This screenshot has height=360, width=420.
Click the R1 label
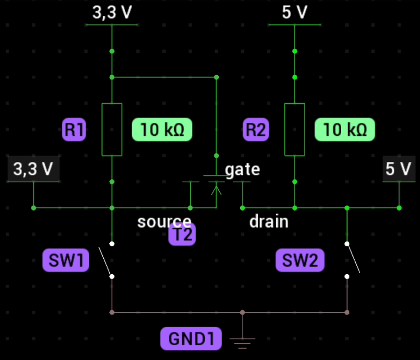click(74, 130)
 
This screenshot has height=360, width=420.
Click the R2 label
click(256, 130)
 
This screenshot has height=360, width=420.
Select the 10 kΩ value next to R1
click(162, 130)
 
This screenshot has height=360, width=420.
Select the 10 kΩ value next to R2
click(344, 130)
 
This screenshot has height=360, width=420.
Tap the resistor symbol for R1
click(112, 129)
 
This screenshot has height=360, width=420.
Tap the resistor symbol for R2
click(294, 129)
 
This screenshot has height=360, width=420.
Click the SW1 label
click(65, 261)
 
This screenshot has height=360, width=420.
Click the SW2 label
click(300, 261)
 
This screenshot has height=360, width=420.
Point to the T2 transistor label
click(182, 234)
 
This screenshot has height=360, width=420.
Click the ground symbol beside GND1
click(242, 342)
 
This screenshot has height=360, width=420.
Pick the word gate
click(242, 170)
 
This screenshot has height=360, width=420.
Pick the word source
click(164, 221)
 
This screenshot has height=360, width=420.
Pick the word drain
click(269, 221)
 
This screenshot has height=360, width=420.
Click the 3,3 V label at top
click(112, 13)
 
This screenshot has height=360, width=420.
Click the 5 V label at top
click(294, 13)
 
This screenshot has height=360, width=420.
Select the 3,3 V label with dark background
click(33, 169)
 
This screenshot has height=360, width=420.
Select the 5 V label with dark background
click(399, 169)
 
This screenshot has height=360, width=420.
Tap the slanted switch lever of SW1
click(105, 261)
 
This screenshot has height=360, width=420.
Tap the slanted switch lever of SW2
click(353, 258)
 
